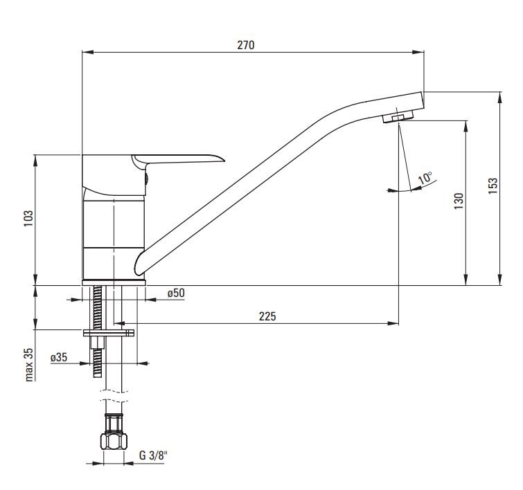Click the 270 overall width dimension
pyautogui.click(x=246, y=45)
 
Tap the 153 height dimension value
pyautogui.click(x=493, y=186)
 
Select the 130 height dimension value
pyautogui.click(x=459, y=201)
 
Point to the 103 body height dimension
pyautogui.click(x=28, y=219)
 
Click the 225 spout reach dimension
pyautogui.click(x=267, y=316)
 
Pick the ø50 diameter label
pyautogui.click(x=176, y=293)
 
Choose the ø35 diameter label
pyautogui.click(x=59, y=358)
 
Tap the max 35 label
pyautogui.click(x=29, y=365)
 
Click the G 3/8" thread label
pyautogui.click(x=153, y=455)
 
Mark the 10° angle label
pyautogui.click(x=425, y=178)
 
